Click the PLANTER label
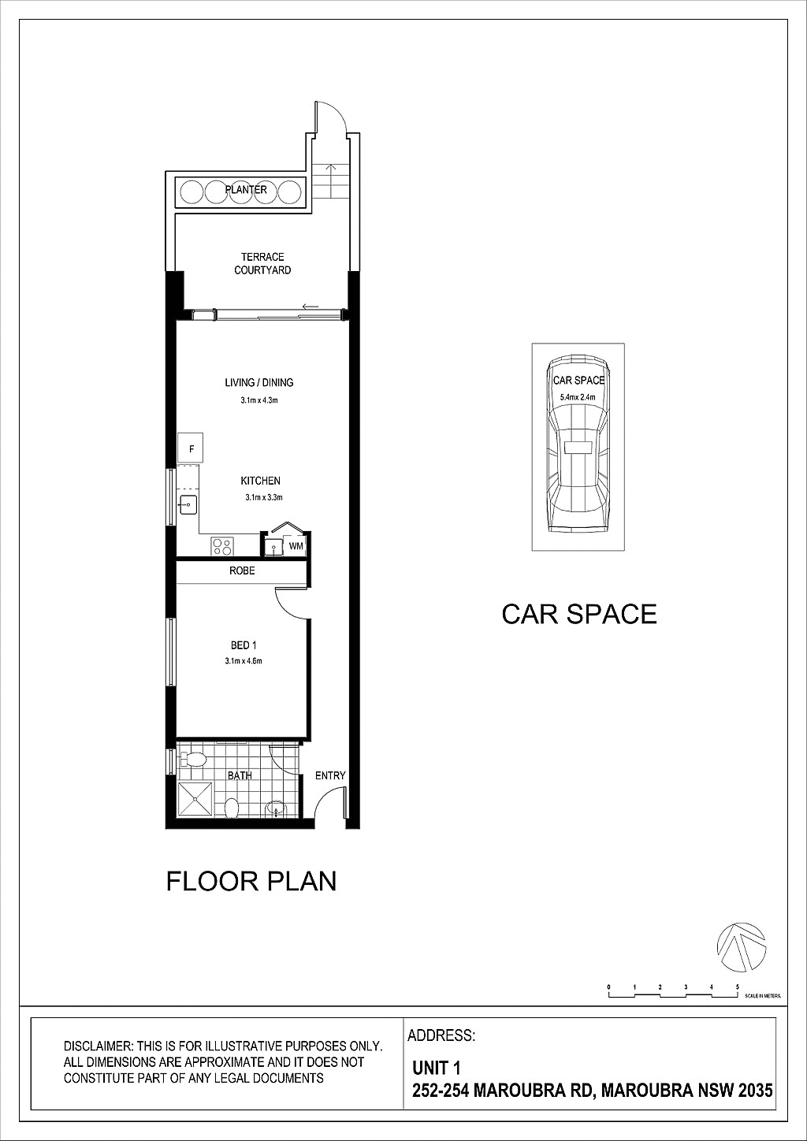[246, 190]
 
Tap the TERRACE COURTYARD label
[262, 263]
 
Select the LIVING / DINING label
[259, 383]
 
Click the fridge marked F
[191, 449]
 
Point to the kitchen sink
[188, 503]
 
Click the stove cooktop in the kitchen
[222, 544]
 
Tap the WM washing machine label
[296, 545]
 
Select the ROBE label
[242, 570]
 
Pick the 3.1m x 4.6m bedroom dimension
[243, 661]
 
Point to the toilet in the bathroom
[192, 760]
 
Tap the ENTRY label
[330, 775]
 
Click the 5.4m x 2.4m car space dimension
[578, 397]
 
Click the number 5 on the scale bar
[738, 987]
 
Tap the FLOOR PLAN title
[251, 881]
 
